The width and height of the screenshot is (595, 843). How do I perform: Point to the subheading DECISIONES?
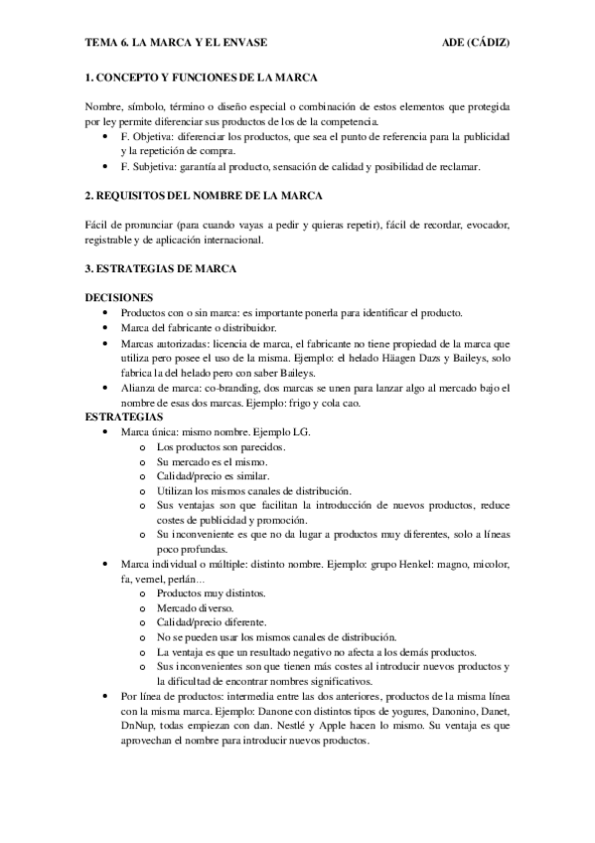[118, 297]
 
